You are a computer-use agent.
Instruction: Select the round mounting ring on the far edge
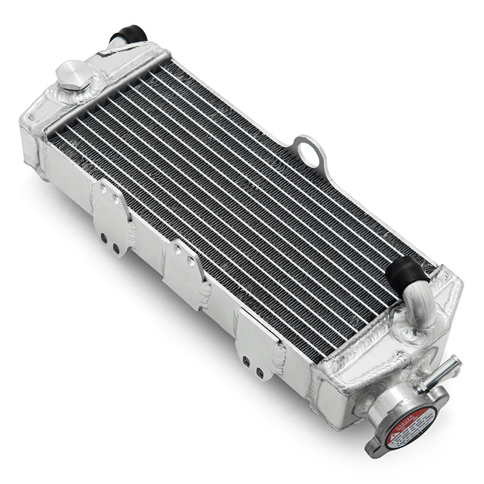pos(312,152)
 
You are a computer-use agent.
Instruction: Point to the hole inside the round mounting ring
pos(313,152)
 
